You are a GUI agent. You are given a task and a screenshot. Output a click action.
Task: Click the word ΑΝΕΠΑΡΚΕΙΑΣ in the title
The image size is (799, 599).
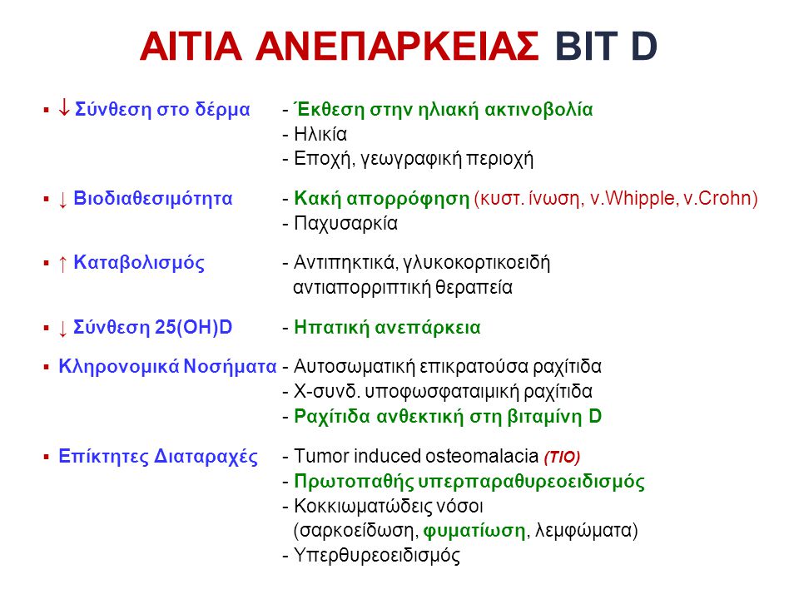pyautogui.click(x=397, y=47)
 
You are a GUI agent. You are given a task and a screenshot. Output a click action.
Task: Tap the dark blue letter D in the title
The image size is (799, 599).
pyautogui.click(x=644, y=47)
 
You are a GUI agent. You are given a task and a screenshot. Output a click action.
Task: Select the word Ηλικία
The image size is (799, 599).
pyautogui.click(x=320, y=134)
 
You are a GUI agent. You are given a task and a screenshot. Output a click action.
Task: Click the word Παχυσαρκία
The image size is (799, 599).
pyautogui.click(x=346, y=224)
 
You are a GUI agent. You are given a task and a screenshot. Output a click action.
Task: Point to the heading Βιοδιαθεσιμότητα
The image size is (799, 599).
pyautogui.click(x=153, y=198)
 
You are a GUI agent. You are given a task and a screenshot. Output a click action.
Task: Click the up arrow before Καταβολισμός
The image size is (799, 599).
pyautogui.click(x=62, y=264)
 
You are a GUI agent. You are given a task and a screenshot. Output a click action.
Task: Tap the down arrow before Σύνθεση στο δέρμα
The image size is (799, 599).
pyautogui.click(x=64, y=107)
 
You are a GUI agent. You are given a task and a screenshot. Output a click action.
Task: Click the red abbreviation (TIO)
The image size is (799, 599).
pyautogui.click(x=562, y=457)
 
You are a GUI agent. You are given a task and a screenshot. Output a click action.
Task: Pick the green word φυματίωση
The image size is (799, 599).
pyautogui.click(x=474, y=531)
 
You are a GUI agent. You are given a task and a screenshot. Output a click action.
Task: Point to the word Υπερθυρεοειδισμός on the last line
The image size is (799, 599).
pyautogui.click(x=377, y=556)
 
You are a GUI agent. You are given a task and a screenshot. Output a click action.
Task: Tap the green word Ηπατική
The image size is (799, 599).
pyautogui.click(x=332, y=328)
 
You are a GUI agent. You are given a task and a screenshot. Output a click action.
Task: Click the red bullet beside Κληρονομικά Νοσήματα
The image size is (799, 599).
pyautogui.click(x=47, y=367)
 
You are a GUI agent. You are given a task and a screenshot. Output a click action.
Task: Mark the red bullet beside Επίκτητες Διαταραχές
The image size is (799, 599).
pyautogui.click(x=47, y=457)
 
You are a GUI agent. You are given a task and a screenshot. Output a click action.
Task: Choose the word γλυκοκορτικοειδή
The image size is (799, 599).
pyautogui.click(x=476, y=264)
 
